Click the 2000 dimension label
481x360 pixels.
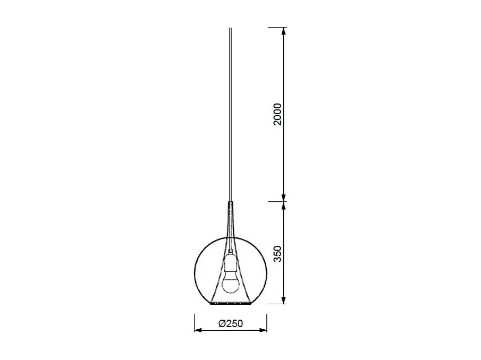pos(277,114)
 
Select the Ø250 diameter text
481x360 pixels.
pos(231,323)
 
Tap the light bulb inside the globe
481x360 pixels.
pos(230,281)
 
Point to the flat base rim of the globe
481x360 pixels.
pos(231,305)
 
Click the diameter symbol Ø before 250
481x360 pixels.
pos(221,323)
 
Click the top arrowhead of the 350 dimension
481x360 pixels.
pos(284,206)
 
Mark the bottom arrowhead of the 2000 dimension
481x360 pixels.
pos(284,197)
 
